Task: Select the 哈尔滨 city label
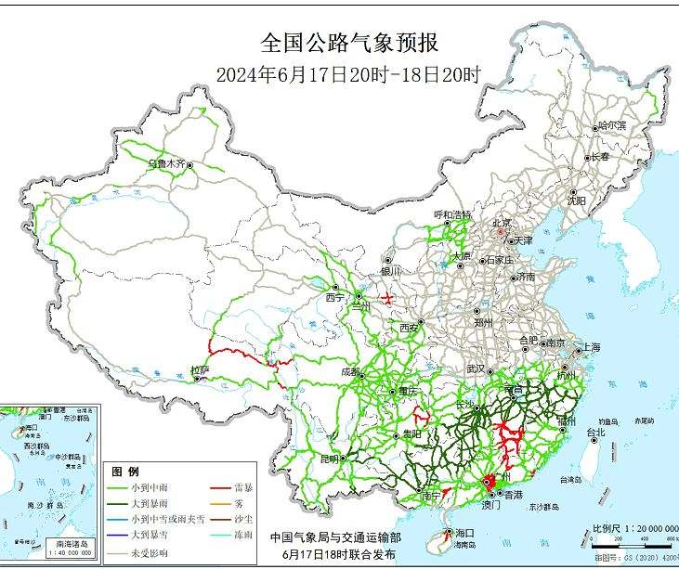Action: coord(612,124)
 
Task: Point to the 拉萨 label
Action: coord(200,370)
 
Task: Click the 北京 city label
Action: coord(501,223)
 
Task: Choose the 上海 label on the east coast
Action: coord(588,347)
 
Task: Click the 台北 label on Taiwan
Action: coord(594,432)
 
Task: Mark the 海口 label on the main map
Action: coord(464,533)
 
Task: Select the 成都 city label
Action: coord(350,371)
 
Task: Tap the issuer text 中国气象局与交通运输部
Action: coord(335,537)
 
